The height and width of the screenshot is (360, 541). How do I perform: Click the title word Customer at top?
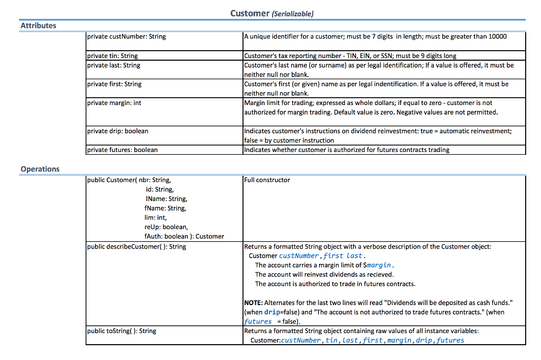pyautogui.click(x=249, y=14)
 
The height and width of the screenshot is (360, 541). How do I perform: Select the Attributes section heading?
pyautogui.click(x=38, y=25)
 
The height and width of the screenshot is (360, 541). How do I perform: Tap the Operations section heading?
pyautogui.click(x=40, y=169)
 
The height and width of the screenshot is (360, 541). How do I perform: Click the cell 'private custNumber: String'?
pyautogui.click(x=126, y=36)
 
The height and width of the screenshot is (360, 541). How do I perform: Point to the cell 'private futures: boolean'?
pyautogui.click(x=122, y=150)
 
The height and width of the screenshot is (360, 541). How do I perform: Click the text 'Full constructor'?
pyautogui.click(x=267, y=180)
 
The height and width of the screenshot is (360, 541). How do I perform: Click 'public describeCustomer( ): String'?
pyautogui.click(x=136, y=247)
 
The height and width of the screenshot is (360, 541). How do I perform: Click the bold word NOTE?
pyautogui.click(x=253, y=302)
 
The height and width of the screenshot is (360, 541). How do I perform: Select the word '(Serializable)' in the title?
pyautogui.click(x=292, y=14)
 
